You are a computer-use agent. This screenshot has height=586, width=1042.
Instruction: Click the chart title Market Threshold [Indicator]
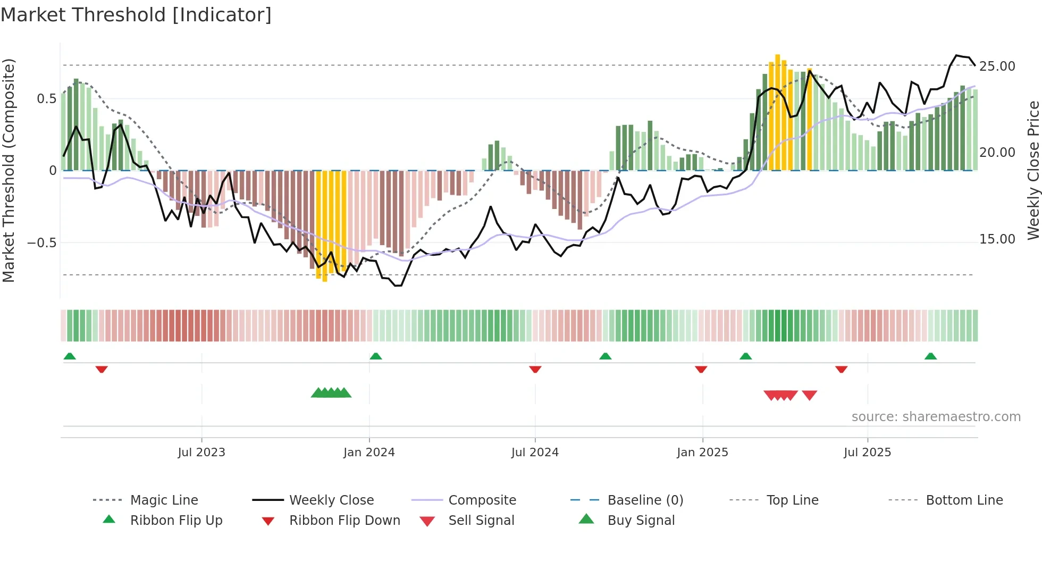(x=136, y=15)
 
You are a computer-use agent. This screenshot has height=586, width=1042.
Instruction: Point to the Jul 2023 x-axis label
(x=201, y=452)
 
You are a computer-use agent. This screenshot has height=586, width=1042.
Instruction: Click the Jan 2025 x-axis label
(x=702, y=452)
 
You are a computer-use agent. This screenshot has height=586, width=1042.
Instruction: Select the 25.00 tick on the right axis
(x=997, y=66)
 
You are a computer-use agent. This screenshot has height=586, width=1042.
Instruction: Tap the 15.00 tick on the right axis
(x=997, y=239)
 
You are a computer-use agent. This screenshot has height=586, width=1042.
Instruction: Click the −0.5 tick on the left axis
(x=41, y=243)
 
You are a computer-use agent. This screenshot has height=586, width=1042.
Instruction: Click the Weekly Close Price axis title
(x=1033, y=170)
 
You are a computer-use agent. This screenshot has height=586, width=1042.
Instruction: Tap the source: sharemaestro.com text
(x=936, y=416)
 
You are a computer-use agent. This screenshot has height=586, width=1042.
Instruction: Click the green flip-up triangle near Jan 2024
(x=376, y=356)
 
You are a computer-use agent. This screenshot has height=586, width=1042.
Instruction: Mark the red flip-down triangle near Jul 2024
(x=535, y=369)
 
